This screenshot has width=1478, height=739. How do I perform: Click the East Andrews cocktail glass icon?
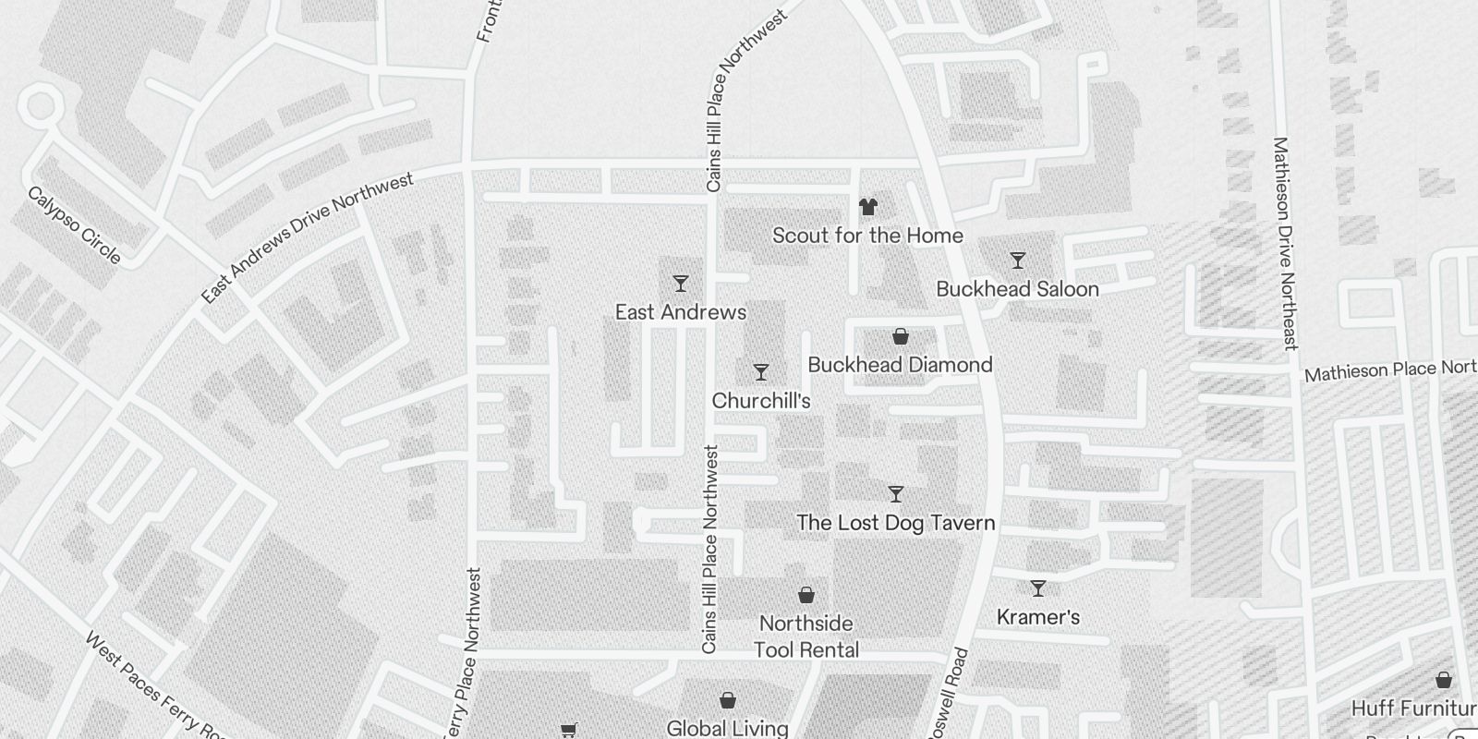681,283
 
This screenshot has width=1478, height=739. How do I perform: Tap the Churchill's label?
761,401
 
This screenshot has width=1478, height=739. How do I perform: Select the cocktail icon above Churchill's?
761,372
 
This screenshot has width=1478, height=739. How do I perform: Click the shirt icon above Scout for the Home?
867,206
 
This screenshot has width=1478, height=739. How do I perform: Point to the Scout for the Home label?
867,236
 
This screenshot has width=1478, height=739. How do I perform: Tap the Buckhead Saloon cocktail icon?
1017,260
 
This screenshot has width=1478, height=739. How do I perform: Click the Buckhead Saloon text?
1017,289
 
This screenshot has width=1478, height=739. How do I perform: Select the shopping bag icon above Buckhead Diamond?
900,336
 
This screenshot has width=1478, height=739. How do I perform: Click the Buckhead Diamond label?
900,365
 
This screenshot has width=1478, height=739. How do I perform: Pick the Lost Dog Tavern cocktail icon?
895,494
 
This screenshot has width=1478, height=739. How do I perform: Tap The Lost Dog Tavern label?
895,523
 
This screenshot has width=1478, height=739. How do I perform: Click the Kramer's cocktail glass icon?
1038,588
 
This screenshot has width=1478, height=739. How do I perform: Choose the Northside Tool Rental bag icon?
806,595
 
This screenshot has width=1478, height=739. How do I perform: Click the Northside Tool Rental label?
806,636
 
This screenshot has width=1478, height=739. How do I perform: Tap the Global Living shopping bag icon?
728,700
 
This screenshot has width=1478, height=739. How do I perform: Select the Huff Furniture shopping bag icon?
1444,681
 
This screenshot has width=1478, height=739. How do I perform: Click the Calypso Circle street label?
75,224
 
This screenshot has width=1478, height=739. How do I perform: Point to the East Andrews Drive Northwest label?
308,238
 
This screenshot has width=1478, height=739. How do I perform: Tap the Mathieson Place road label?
1389,370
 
